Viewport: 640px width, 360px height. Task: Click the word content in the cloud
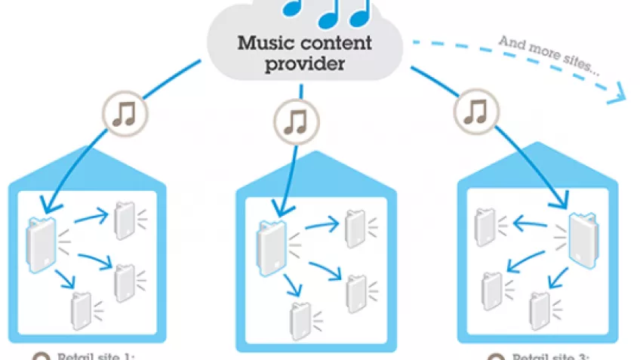(337, 41)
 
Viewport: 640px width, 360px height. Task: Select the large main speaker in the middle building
(268, 245)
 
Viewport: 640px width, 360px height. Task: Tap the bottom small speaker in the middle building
(299, 320)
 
